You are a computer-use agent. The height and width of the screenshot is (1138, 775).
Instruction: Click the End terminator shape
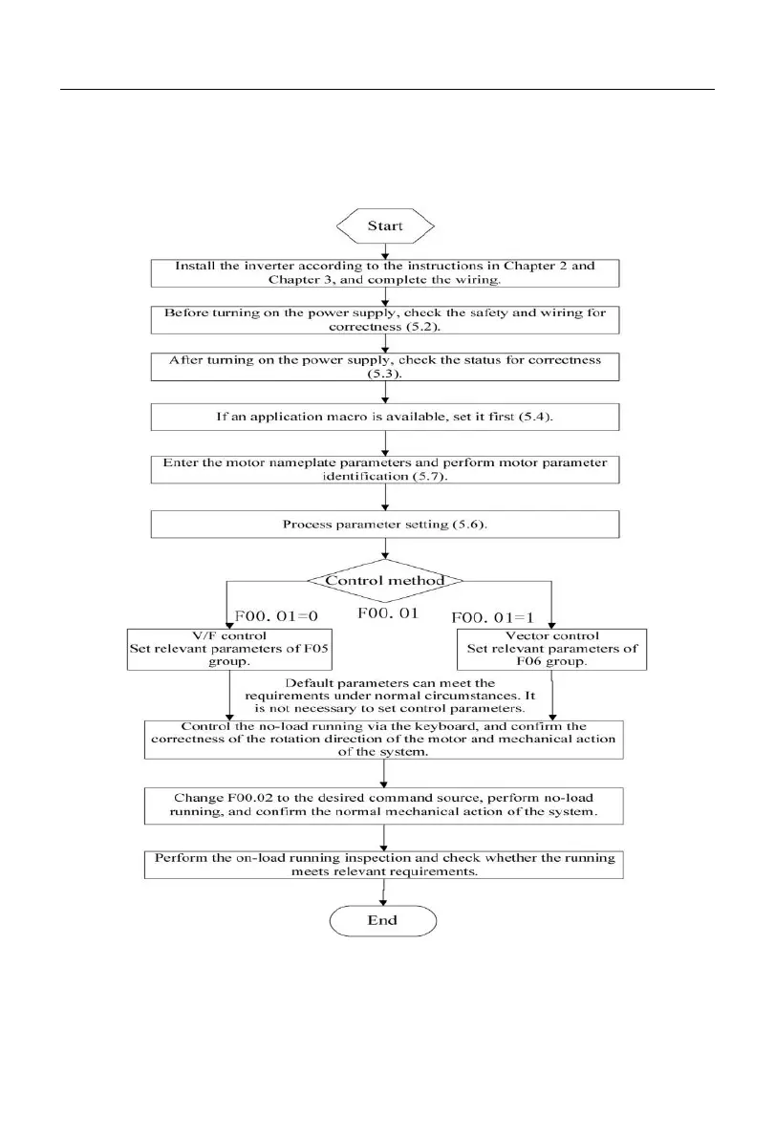click(x=383, y=920)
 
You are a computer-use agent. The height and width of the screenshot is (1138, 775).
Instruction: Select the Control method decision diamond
click(x=384, y=580)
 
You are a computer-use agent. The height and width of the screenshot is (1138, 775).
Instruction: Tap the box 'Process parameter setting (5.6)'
click(x=384, y=525)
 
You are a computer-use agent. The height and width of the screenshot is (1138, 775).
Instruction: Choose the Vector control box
click(x=548, y=649)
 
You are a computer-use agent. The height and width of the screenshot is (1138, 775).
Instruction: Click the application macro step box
click(x=384, y=417)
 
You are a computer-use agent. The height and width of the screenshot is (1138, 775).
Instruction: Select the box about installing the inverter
click(x=384, y=271)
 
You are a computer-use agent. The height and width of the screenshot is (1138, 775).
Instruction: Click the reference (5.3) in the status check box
click(x=384, y=376)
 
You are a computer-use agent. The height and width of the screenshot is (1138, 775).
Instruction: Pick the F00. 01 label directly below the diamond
click(x=387, y=613)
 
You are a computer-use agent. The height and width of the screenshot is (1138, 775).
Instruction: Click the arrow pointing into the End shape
click(x=383, y=894)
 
